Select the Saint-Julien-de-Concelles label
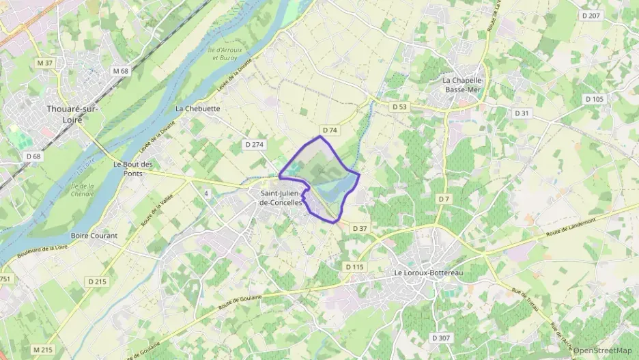[281, 197]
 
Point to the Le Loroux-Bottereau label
[425, 273]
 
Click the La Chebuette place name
[197, 108]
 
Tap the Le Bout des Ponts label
[133, 168]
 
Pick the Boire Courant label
[94, 236]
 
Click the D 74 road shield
[329, 130]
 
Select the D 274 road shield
[254, 144]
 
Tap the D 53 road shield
[399, 107]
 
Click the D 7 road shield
[444, 199]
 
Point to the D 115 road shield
[355, 266]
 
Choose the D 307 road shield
[441, 338]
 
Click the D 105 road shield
[594, 99]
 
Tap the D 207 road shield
[591, 15]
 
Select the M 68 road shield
[121, 70]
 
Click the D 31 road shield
[522, 113]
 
